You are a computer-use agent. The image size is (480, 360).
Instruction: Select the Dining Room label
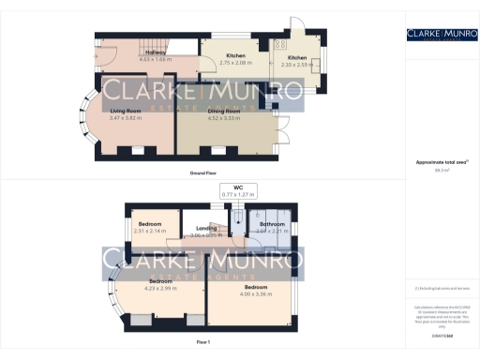coord(224,112)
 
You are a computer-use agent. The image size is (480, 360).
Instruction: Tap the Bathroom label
coord(272,224)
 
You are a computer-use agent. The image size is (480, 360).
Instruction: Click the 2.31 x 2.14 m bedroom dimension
coord(151,231)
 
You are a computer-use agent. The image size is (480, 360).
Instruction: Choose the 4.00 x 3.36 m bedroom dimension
coord(257,293)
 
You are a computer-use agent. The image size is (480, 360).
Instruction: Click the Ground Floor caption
coord(202,173)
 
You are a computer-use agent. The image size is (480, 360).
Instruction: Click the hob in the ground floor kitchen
coord(280,44)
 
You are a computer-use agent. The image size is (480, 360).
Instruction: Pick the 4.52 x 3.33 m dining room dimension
coord(224,118)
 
